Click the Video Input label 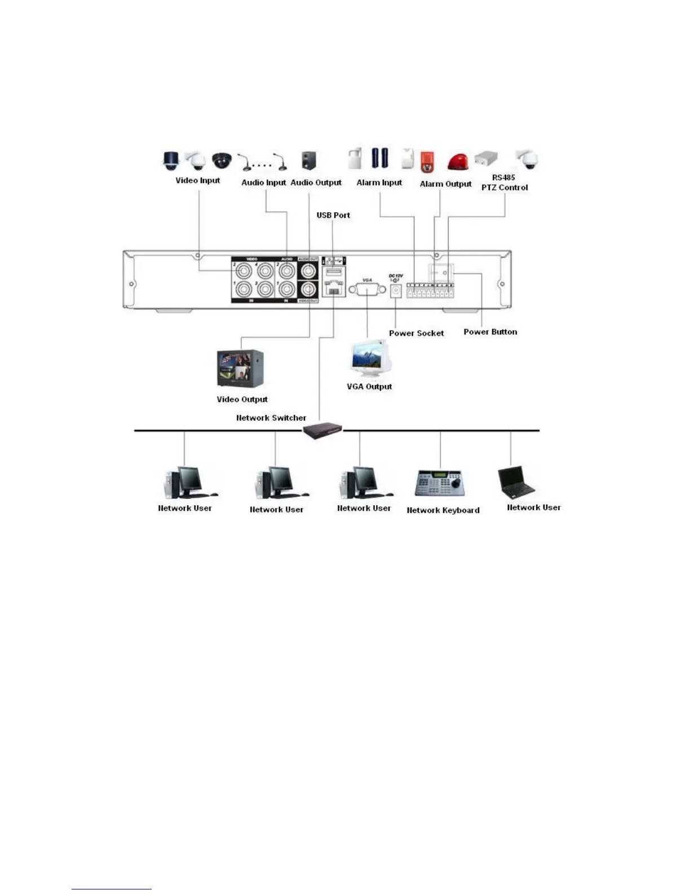click(197, 181)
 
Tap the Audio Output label click(316, 182)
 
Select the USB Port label click(333, 215)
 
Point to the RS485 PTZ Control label click(505, 182)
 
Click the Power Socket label click(416, 333)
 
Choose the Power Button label click(490, 332)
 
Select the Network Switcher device click(322, 431)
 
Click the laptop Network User click(515, 481)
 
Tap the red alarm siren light click(458, 161)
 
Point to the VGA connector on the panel click(367, 289)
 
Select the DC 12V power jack click(396, 290)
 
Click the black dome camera click(222, 160)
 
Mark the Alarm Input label click(379, 182)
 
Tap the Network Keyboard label click(443, 510)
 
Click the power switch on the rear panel click(440, 273)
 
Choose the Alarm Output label click(445, 184)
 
